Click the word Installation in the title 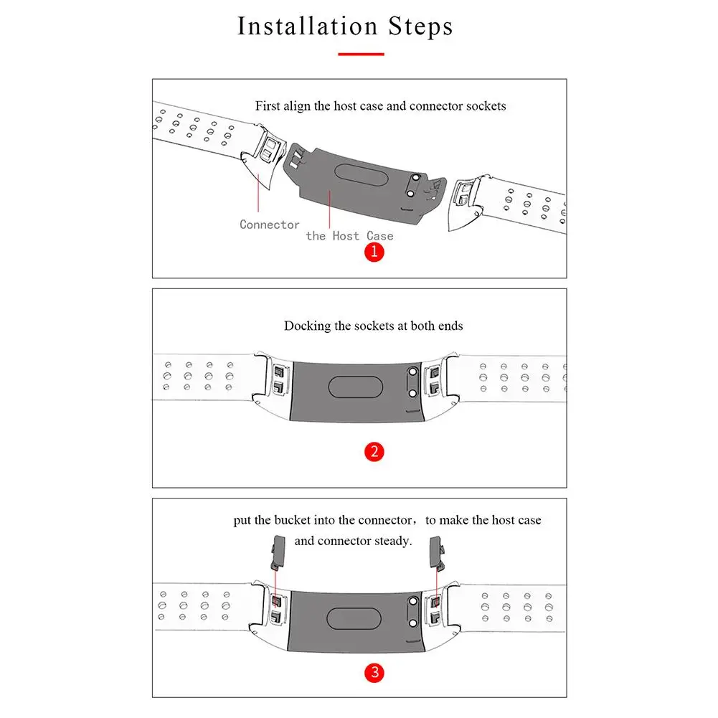(x=308, y=26)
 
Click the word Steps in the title (x=421, y=27)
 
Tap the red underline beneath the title (x=361, y=54)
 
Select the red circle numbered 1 (x=374, y=252)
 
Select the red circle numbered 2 (x=374, y=452)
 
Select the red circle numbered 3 (x=374, y=673)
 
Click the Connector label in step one (x=269, y=225)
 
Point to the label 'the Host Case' (x=349, y=236)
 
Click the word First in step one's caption (x=268, y=105)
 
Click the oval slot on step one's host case (x=362, y=174)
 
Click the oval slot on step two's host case (x=355, y=387)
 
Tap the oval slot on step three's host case (x=354, y=619)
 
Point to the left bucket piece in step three (x=278, y=552)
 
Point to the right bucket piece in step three (x=437, y=553)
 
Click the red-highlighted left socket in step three (x=277, y=601)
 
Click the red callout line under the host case (x=329, y=209)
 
